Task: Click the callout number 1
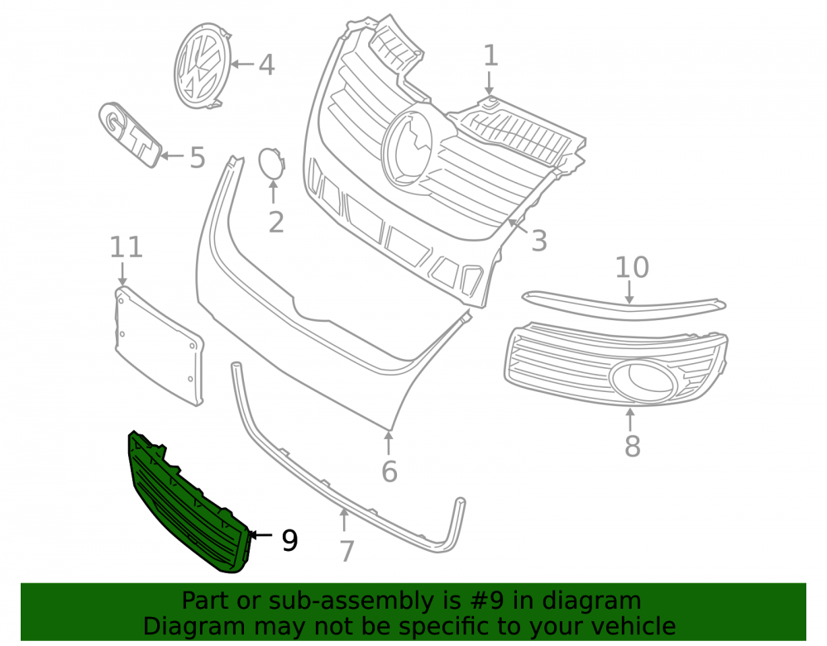coord(490,56)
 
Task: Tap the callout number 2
coord(276,223)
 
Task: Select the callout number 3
coord(538,241)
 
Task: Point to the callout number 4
coord(266,65)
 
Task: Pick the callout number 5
coord(198,158)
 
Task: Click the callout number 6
coord(390,471)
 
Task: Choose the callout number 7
coord(346,552)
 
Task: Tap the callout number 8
coord(632,446)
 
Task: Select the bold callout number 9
coord(289,540)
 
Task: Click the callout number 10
coord(632,267)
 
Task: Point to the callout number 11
coord(126,246)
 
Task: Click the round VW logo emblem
coord(203,65)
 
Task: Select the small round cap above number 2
coord(271,164)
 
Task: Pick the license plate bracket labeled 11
coord(159,346)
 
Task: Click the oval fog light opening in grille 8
coord(642,380)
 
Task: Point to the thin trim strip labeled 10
coord(624,304)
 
